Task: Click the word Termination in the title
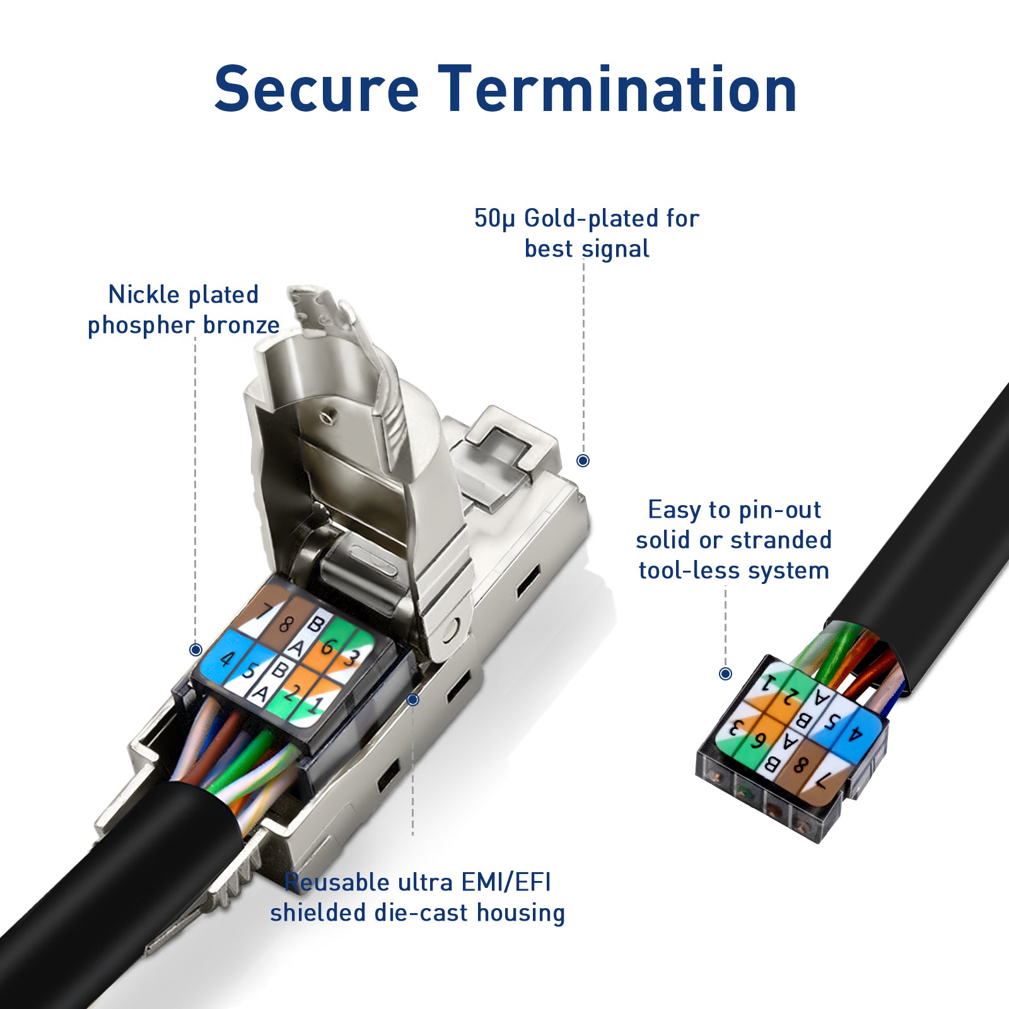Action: pyautogui.click(x=618, y=90)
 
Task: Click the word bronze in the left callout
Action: pyautogui.click(x=241, y=325)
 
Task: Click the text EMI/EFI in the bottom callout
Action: pyautogui.click(x=506, y=882)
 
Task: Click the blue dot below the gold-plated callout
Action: pyautogui.click(x=583, y=460)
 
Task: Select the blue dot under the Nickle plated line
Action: pyautogui.click(x=195, y=650)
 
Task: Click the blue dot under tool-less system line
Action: pyautogui.click(x=725, y=674)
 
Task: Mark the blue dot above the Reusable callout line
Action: pyautogui.click(x=412, y=699)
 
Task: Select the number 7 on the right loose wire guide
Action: pyautogui.click(x=821, y=783)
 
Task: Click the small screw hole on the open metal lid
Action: pyautogui.click(x=326, y=416)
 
